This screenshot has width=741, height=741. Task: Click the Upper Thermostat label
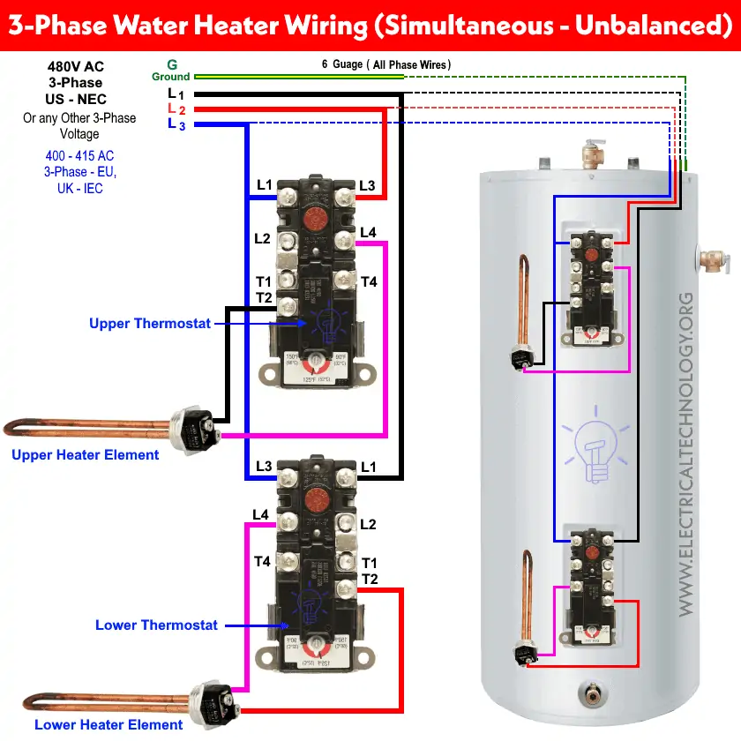(150, 324)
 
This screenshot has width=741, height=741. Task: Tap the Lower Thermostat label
(156, 625)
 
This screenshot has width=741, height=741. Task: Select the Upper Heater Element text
(85, 455)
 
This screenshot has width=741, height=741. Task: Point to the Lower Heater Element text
(96, 725)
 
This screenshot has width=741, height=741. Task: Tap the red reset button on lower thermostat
(315, 499)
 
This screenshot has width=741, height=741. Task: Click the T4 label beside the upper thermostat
(369, 282)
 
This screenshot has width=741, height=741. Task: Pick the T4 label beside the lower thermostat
(262, 561)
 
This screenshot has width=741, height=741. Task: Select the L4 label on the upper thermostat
(368, 233)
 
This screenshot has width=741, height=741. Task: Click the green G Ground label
(170, 71)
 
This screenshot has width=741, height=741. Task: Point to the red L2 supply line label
(176, 109)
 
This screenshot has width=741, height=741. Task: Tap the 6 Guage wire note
(386, 64)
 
